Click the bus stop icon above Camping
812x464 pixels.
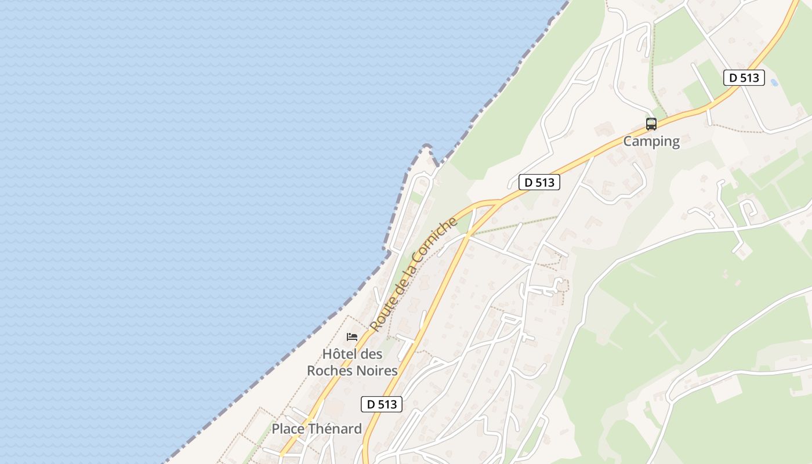point(651,124)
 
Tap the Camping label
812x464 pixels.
point(651,141)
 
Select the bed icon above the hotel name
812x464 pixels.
point(352,336)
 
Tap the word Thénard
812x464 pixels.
point(335,429)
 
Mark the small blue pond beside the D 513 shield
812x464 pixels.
point(774,83)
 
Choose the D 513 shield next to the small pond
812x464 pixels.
point(744,78)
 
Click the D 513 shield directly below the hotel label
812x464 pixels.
point(381,404)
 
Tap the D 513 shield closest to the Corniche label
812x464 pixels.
point(539,182)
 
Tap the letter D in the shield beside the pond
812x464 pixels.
point(733,78)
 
